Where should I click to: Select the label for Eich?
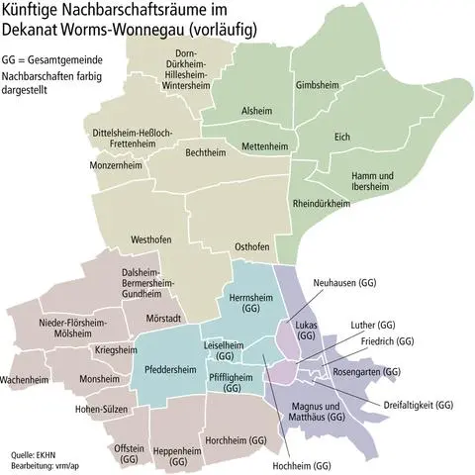[342, 137]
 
